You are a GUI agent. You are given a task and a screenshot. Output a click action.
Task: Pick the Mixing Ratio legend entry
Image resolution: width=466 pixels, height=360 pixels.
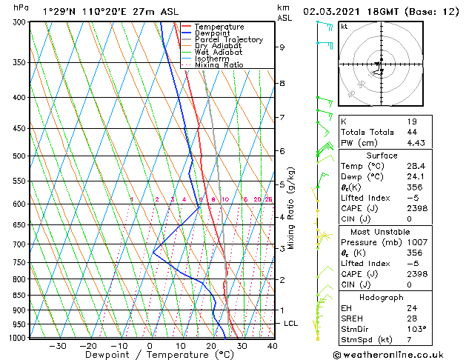(219, 64)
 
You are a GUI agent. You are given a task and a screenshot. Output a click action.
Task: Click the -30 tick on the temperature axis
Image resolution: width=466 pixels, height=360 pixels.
(58, 345)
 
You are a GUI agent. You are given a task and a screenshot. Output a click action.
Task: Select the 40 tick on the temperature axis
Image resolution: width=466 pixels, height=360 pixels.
(272, 345)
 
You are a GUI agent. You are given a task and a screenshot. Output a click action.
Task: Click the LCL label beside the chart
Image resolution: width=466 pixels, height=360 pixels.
(291, 324)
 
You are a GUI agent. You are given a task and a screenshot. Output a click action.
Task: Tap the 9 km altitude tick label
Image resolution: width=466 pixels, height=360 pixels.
(282, 47)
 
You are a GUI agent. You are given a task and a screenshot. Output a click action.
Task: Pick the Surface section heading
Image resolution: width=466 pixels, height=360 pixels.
(399, 156)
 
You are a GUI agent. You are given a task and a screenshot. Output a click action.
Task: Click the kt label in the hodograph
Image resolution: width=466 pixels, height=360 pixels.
(344, 26)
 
